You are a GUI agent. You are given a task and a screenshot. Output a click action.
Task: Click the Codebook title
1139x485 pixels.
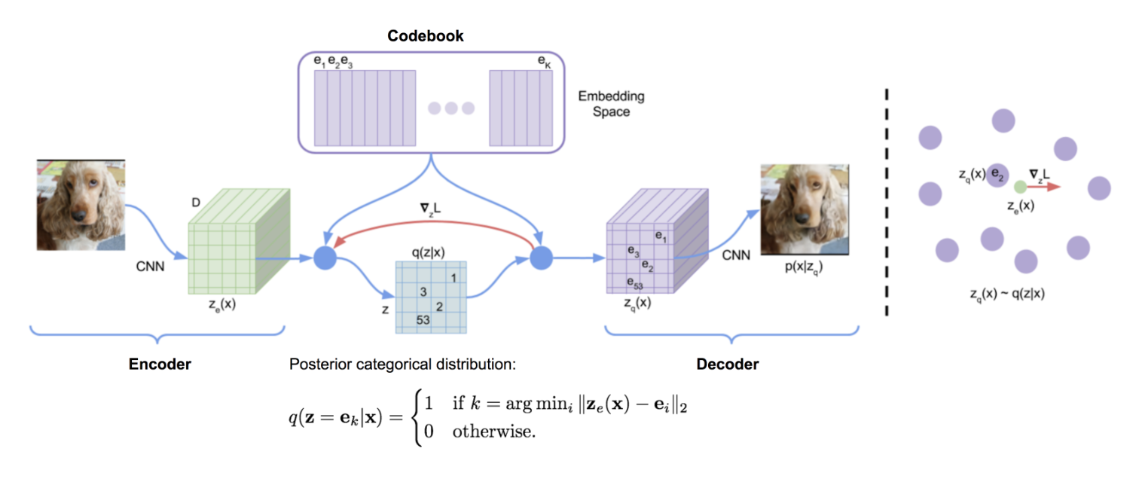[x=426, y=35]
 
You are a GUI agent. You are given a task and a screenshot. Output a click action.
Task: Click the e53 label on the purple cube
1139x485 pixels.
[x=634, y=282]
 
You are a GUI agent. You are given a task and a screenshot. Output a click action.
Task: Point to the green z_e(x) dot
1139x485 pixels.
[x=1020, y=186]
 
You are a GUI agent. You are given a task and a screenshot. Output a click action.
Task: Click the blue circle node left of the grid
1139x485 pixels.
[x=325, y=258]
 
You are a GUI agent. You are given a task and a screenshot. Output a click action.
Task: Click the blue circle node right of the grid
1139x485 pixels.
[x=542, y=258]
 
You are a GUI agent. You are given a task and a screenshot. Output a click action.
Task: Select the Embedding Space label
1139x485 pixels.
[x=612, y=104]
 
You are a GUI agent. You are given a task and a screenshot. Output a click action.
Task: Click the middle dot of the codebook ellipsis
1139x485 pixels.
[x=451, y=108]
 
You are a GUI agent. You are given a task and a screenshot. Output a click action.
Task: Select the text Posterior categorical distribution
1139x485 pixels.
[x=403, y=365]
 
